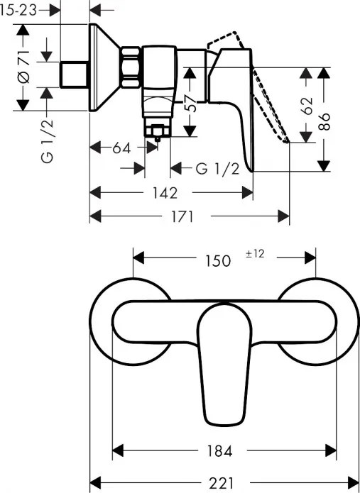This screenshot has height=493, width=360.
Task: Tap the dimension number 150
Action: pyautogui.click(x=217, y=260)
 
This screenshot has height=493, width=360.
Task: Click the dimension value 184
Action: pyautogui.click(x=224, y=450)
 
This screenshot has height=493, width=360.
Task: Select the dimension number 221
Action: pyautogui.click(x=224, y=480)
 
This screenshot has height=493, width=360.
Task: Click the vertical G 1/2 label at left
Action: pyautogui.click(x=48, y=140)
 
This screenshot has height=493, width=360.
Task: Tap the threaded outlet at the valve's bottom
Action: pyautogui.click(x=157, y=131)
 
